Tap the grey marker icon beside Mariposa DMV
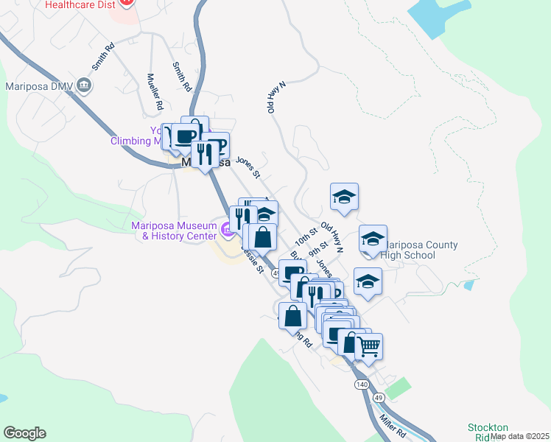pos(85,86)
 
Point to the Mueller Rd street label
pos(155,91)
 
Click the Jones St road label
pos(248,166)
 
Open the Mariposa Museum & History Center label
pos(174,231)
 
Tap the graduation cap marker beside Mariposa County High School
pos(373,239)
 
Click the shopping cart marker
pos(368,345)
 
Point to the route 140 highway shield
pos(361,385)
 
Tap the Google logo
pos(24,433)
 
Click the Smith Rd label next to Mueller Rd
pos(181,76)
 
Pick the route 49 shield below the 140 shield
pos(379,397)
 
